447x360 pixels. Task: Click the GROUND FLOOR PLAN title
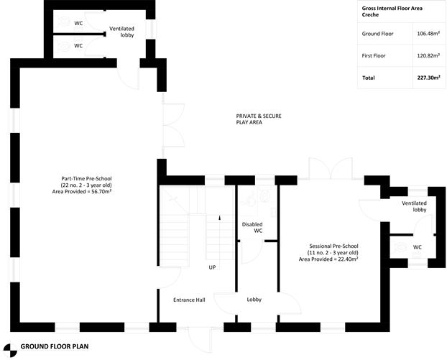coord(54,346)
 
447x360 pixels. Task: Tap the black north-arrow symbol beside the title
coord(8,346)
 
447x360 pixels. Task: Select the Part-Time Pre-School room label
coord(86,185)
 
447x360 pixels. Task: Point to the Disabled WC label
coord(252,227)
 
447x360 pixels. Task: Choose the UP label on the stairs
coord(212,267)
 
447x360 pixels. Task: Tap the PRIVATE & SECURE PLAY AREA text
coord(249,119)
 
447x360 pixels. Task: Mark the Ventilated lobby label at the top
coord(122,32)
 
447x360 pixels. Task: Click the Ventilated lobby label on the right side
coord(414,207)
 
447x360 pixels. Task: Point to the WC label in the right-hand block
coord(417,247)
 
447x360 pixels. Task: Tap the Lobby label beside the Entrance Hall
coord(254,299)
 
